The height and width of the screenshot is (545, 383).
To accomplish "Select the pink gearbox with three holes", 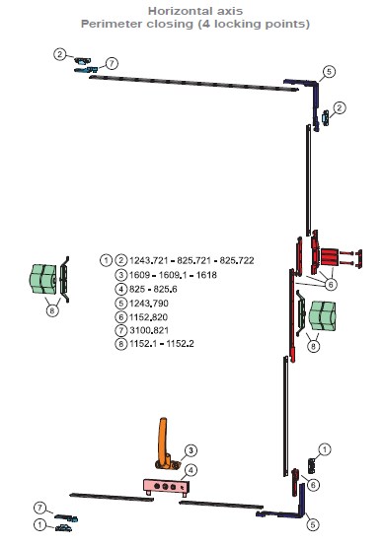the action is coord(166,486).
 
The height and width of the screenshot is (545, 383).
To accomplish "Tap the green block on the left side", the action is coord(42,279).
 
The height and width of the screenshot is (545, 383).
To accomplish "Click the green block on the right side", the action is coord(323,316).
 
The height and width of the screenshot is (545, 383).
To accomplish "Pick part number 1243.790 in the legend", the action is coord(149,304).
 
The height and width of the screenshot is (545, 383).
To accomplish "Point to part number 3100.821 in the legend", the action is coord(149,330).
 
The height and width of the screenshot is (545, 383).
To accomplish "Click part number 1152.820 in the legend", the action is coord(148,317).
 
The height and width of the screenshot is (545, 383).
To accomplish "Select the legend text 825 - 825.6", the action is coord(153,289).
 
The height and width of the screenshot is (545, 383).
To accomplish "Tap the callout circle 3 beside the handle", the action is coord(191,450).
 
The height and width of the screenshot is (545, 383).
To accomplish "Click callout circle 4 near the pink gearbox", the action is coord(191,471).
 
